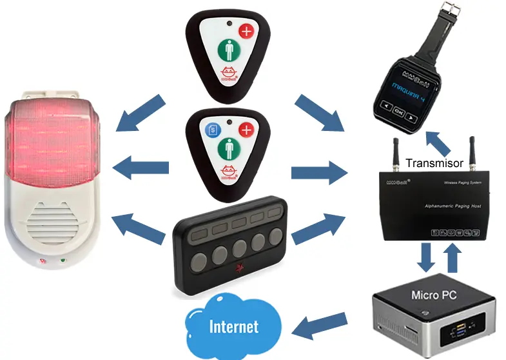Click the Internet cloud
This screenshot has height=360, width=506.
[233, 326]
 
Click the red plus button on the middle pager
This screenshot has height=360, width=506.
[246, 129]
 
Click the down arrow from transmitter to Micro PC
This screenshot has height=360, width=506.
[426, 256]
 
